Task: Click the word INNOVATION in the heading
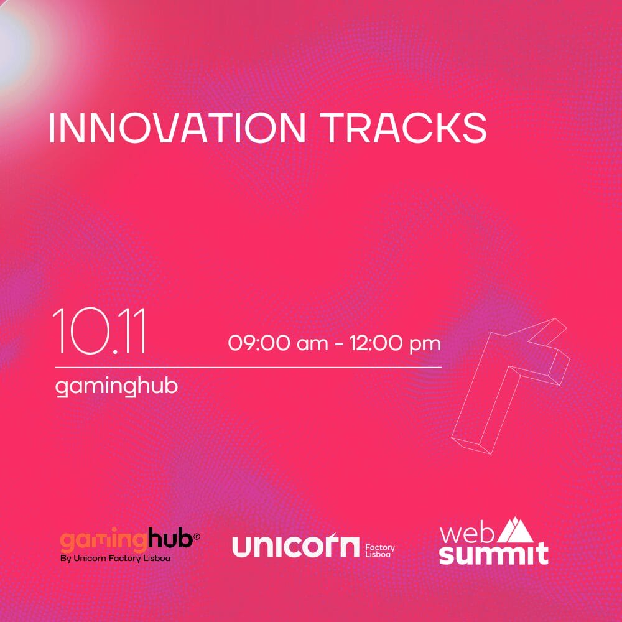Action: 177,128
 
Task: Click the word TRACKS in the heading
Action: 404,128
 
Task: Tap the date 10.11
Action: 99,330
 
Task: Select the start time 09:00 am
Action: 278,343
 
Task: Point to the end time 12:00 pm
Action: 395,343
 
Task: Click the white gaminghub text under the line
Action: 116,386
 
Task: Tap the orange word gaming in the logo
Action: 104,540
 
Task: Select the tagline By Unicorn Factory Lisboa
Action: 116,558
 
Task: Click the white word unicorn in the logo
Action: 295,546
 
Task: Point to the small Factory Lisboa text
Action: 379,550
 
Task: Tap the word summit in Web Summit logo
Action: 494,554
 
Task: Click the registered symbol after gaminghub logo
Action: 197,537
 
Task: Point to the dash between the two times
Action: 339,344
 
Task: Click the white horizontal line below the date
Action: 248,368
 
